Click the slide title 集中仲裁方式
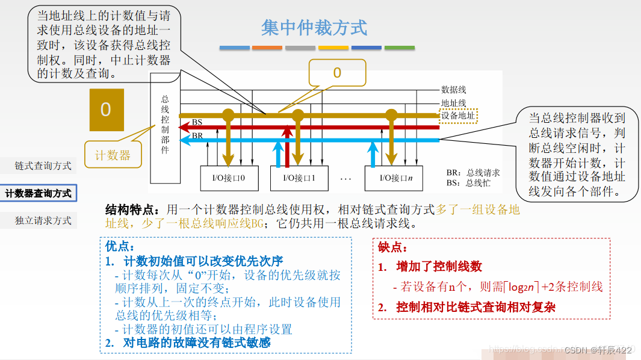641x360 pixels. [x=314, y=28]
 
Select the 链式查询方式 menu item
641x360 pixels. [x=43, y=166]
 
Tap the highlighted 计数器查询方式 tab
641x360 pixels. [x=39, y=193]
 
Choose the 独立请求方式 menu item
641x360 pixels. [x=43, y=220]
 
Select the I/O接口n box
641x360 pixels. [x=392, y=178]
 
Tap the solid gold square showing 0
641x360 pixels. [x=107, y=110]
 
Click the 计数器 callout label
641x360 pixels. [x=113, y=155]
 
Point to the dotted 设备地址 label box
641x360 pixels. [x=459, y=115]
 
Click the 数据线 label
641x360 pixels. [x=453, y=90]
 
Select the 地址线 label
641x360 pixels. [x=453, y=104]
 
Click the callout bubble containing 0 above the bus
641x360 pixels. [x=337, y=73]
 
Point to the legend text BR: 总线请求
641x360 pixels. [x=473, y=173]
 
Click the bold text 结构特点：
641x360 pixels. [x=133, y=209]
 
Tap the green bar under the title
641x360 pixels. [x=399, y=48]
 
